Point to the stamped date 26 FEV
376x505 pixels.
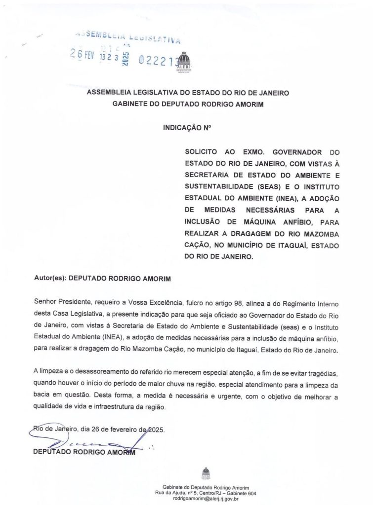click(82, 55)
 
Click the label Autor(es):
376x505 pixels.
click(49, 279)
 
